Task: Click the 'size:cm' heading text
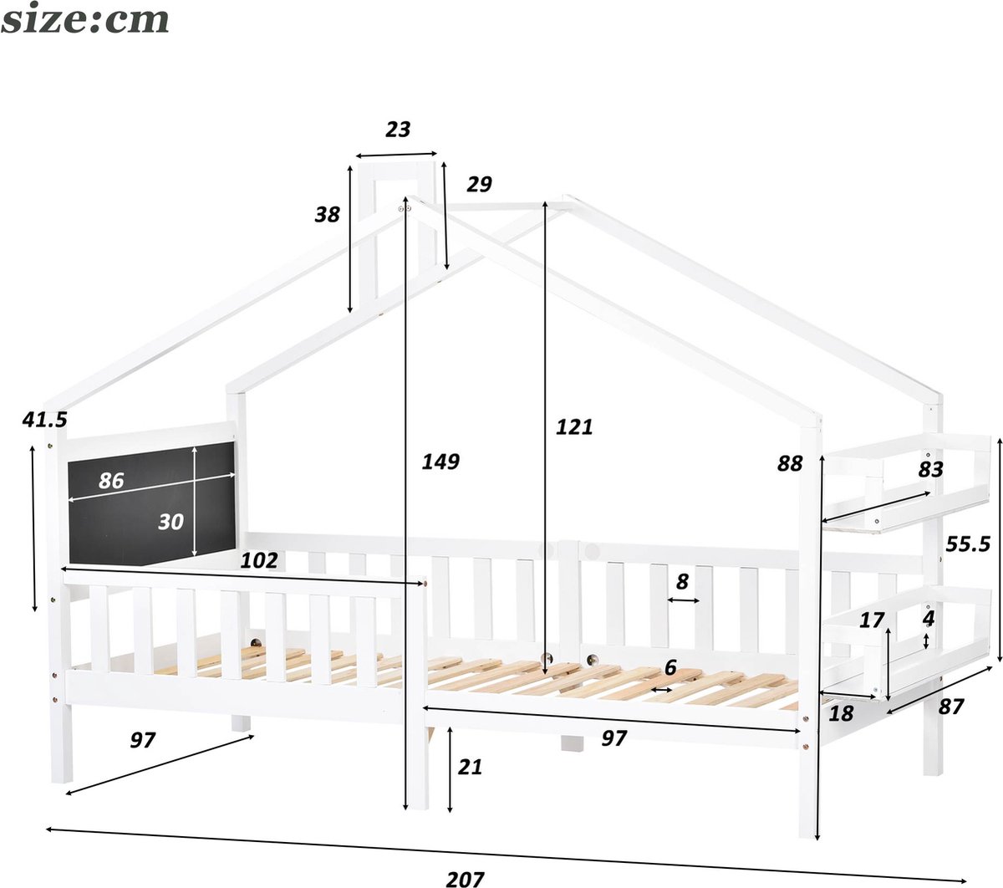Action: click(84, 19)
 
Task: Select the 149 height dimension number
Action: click(440, 461)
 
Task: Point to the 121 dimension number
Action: click(573, 426)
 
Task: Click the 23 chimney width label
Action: click(398, 130)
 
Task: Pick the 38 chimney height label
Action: click(328, 214)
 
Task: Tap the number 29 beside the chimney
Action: click(479, 184)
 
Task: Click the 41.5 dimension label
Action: click(44, 420)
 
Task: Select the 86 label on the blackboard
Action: click(111, 481)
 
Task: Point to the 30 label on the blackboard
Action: click(171, 522)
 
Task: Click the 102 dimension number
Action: click(259, 560)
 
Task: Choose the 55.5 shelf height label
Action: click(967, 544)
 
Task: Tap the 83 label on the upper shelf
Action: click(930, 469)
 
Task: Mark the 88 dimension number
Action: click(790, 463)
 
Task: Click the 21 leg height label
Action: click(470, 767)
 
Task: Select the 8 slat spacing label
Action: click(682, 581)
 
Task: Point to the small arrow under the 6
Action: click(661, 690)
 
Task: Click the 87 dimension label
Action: click(950, 707)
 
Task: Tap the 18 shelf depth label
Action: click(841, 713)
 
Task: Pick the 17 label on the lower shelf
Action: click(872, 620)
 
